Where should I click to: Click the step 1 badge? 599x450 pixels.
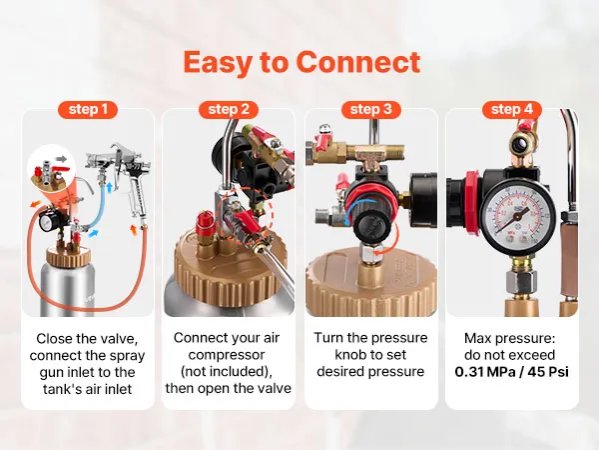point(88,109)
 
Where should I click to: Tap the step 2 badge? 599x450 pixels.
point(229,109)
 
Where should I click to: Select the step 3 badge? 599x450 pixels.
point(371,109)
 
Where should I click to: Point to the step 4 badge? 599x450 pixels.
point(512,109)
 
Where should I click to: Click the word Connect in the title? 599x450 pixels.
point(358,62)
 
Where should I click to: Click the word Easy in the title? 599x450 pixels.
point(217,63)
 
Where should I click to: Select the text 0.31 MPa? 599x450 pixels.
point(485,372)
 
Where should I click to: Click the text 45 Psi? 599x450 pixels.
point(548,372)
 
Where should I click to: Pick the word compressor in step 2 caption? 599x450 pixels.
point(227,355)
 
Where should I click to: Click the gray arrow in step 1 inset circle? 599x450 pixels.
point(61,159)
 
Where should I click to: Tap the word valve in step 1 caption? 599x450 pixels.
point(119,339)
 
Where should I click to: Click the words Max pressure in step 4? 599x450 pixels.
point(509,339)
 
